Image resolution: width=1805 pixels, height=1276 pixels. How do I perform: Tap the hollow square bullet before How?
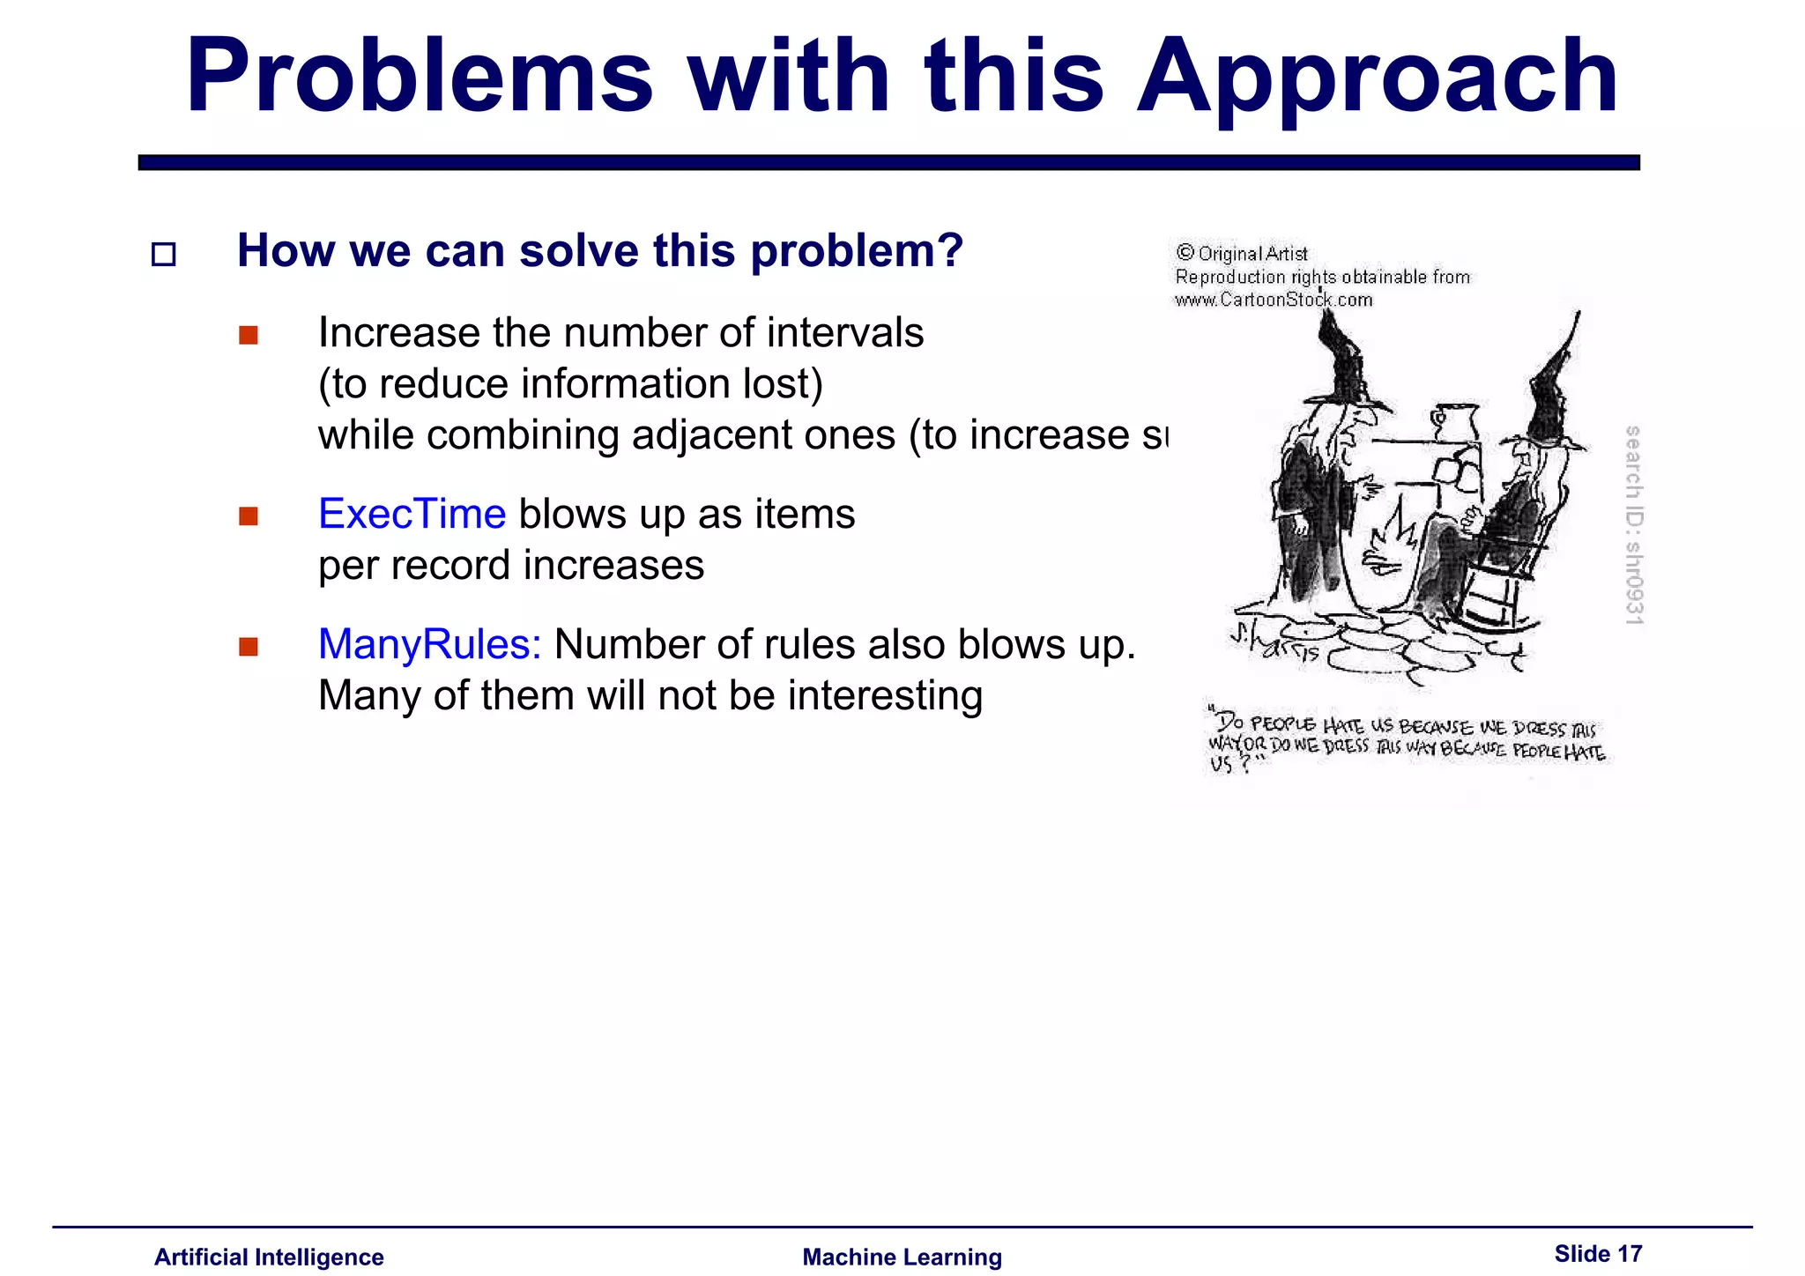pyautogui.click(x=164, y=255)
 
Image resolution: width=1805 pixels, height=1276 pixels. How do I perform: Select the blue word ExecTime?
pyautogui.click(x=412, y=514)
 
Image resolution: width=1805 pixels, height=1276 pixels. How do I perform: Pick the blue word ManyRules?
pyautogui.click(x=429, y=644)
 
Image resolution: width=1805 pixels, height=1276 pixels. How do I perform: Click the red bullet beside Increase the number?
pyautogui.click(x=249, y=335)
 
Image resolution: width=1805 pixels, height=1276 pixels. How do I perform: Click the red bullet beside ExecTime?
pyautogui.click(x=249, y=516)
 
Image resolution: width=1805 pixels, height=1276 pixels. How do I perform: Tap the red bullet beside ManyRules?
pyautogui.click(x=249, y=647)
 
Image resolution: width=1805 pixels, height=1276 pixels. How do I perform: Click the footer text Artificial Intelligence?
pyautogui.click(x=269, y=1257)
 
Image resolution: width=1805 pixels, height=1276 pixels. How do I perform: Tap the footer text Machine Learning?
pyautogui.click(x=902, y=1257)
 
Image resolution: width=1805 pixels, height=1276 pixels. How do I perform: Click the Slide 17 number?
pyautogui.click(x=1598, y=1253)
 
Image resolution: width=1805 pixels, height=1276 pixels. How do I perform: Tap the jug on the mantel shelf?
pyautogui.click(x=1454, y=421)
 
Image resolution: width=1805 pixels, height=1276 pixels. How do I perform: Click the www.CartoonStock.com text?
pyautogui.click(x=1274, y=300)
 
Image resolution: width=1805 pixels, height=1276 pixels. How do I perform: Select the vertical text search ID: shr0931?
pyautogui.click(x=1633, y=525)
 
